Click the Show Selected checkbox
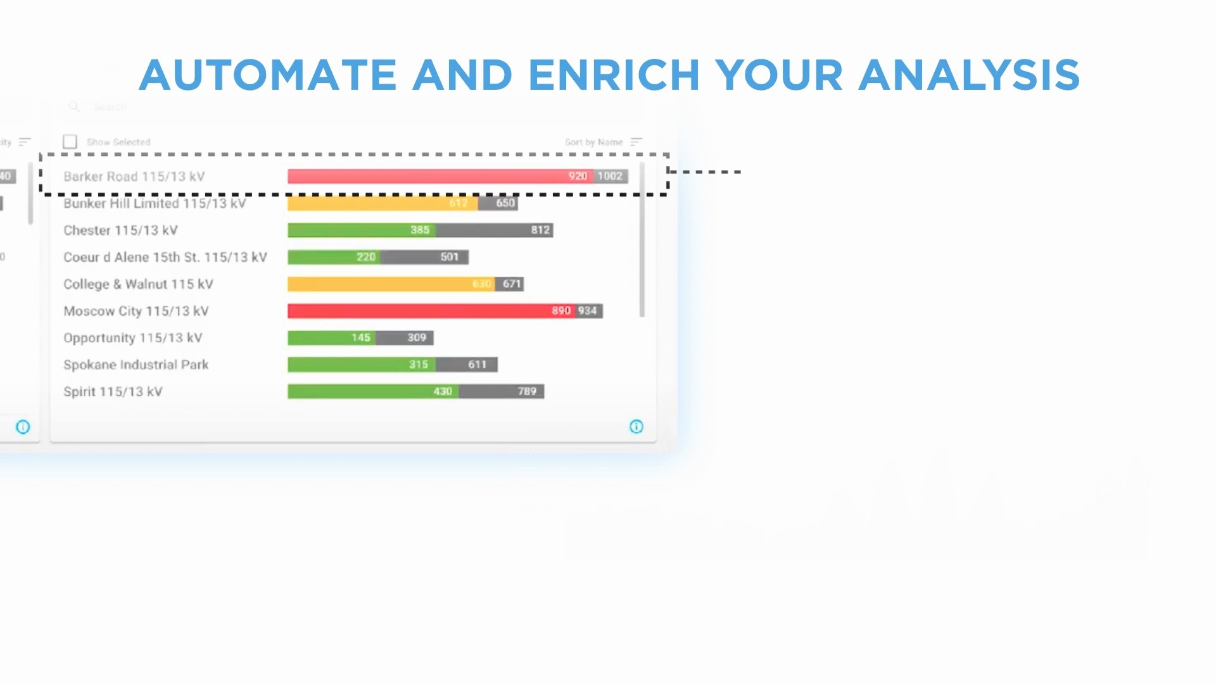click(x=70, y=142)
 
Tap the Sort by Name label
click(x=593, y=142)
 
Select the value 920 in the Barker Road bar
click(x=578, y=176)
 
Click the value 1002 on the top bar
click(x=611, y=176)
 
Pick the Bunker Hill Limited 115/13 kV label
click(x=155, y=203)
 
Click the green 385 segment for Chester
click(x=361, y=230)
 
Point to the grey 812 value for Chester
click(x=540, y=230)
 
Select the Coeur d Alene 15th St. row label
click(x=165, y=257)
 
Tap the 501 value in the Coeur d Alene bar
click(x=449, y=257)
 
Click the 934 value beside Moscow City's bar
click(x=588, y=311)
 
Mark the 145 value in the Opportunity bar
click(x=361, y=338)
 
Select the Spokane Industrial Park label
click(x=136, y=365)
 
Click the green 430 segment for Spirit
click(x=374, y=391)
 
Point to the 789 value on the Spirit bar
click(x=527, y=391)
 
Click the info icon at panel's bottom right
click(x=636, y=427)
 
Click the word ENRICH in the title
click(x=614, y=75)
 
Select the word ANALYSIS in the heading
click(x=968, y=75)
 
